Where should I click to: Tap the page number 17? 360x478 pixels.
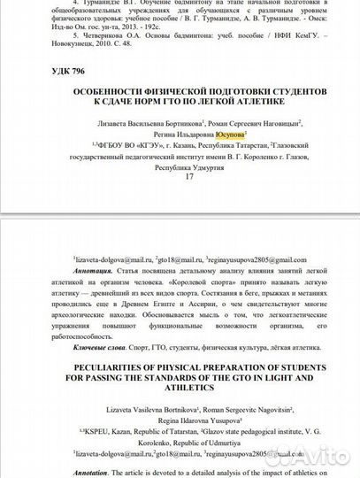click(x=188, y=176)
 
